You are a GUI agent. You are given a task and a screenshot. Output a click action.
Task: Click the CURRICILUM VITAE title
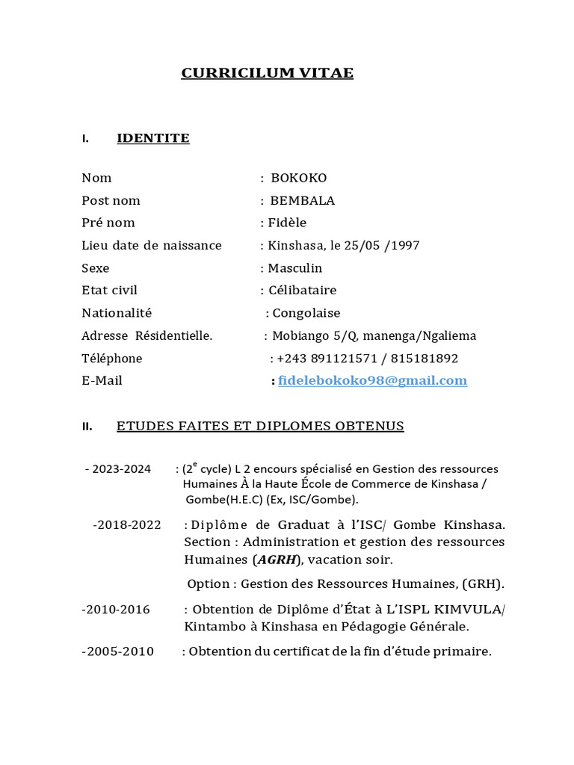point(267,73)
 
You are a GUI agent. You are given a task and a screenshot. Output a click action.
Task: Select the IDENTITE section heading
point(153,138)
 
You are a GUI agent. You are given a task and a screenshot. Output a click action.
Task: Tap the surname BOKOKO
point(298,178)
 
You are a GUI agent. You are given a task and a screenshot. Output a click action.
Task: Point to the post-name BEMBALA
point(302,200)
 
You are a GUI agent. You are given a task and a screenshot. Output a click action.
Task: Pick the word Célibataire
point(302,290)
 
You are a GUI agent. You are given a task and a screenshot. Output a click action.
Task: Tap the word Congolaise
point(306,313)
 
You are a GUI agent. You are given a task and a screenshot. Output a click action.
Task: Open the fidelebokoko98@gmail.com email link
point(372,380)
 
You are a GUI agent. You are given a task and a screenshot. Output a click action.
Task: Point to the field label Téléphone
point(111,358)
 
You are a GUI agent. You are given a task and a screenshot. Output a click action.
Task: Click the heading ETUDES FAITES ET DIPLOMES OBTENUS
point(260,426)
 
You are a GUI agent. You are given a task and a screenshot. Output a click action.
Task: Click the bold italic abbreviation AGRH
point(277,560)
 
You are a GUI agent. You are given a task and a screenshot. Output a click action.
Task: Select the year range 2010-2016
point(116,610)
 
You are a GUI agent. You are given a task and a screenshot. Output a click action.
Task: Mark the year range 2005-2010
point(117,651)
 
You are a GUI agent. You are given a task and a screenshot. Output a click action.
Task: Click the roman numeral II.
point(87,427)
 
